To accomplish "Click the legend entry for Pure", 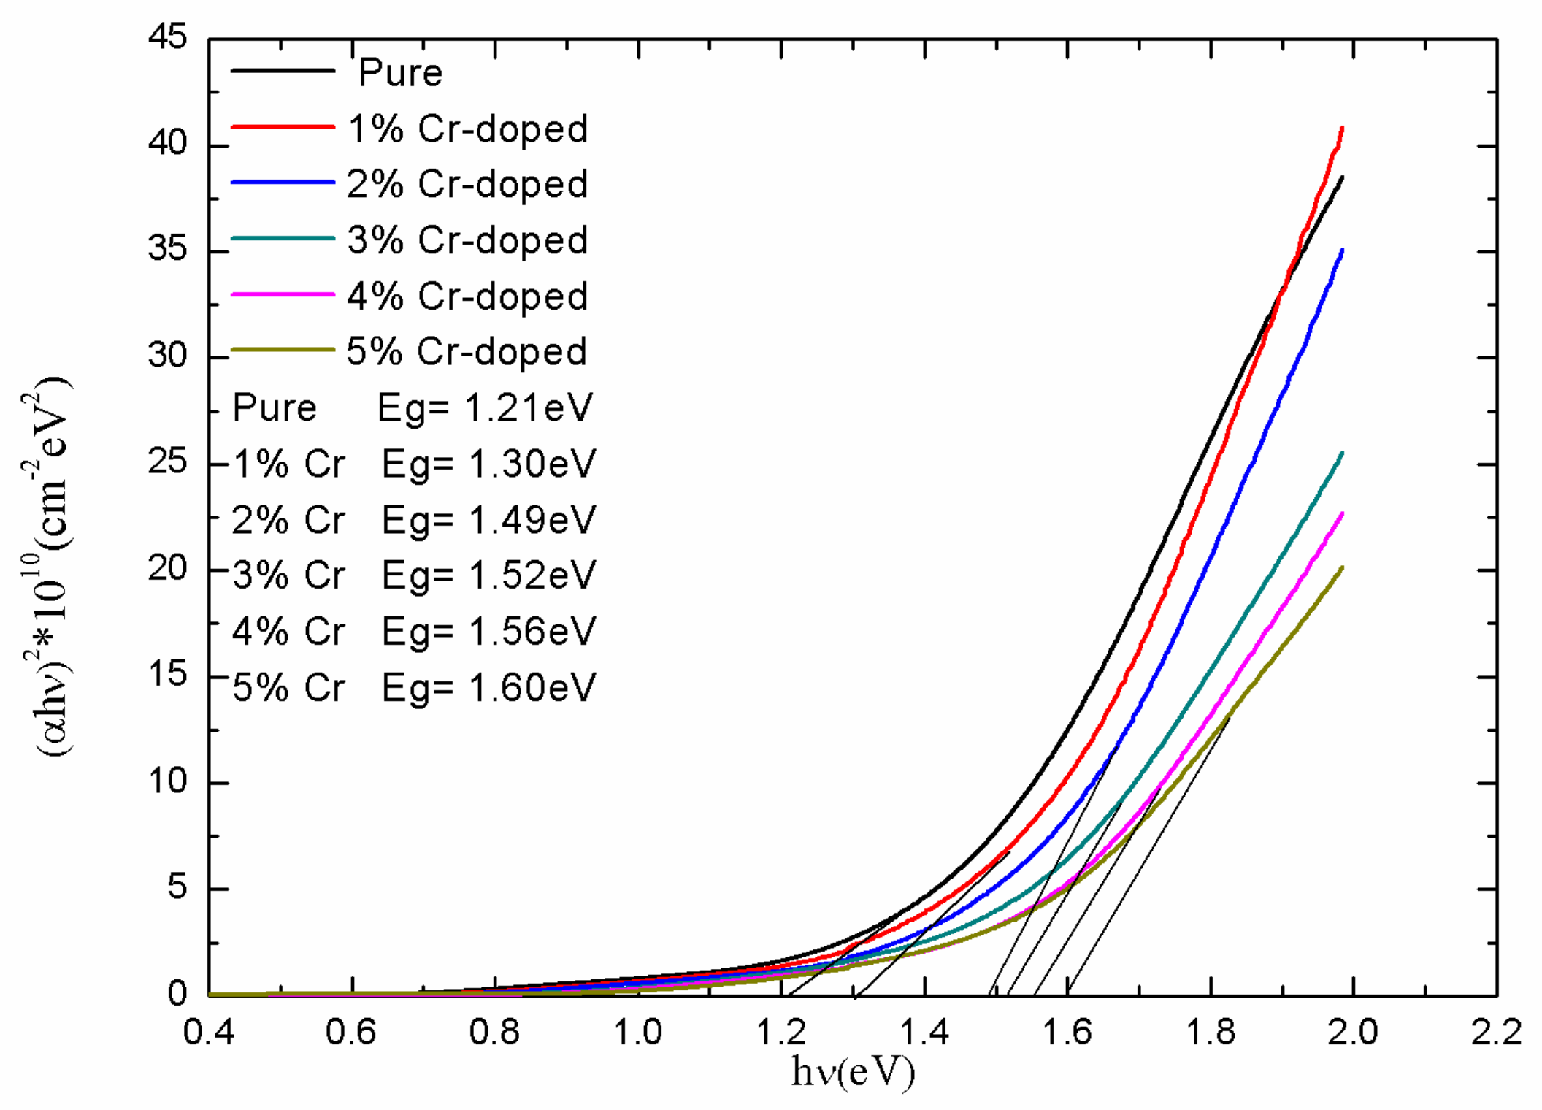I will coord(400,72).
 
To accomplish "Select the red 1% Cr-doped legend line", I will coord(283,127).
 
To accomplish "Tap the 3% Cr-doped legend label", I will coord(467,240).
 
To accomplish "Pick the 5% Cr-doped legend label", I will coord(466,352).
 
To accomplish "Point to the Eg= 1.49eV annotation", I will coord(488,520).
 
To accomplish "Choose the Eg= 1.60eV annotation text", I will coord(488,688).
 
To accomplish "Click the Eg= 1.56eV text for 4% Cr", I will coord(488,632).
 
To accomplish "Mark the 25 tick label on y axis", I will coord(167,463).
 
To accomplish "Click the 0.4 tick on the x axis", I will coord(209,1033).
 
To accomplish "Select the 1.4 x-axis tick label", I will coord(924,1033).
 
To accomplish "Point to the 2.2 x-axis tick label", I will coord(1496,1033).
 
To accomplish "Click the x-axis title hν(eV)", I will coord(853,1072).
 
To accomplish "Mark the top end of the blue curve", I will coord(1342,250).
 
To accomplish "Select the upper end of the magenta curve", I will coord(1342,514).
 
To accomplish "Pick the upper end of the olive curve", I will coord(1342,568).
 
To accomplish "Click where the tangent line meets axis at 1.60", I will coord(1067,994).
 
